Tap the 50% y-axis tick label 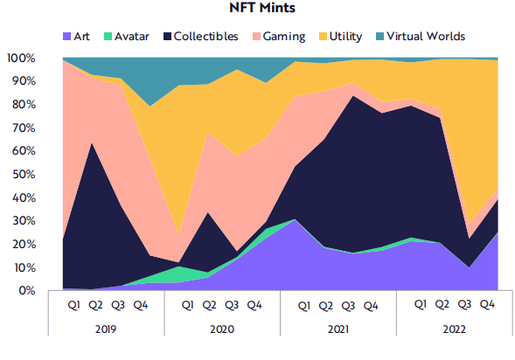pyautogui.click(x=23, y=174)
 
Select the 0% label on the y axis pyautogui.click(x=26, y=290)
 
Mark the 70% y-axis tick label pyautogui.click(x=23, y=128)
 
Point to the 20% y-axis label pyautogui.click(x=23, y=244)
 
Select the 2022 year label pyautogui.click(x=454, y=331)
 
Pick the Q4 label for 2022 pyautogui.click(x=487, y=306)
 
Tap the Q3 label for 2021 pyautogui.click(x=348, y=306)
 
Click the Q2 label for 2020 pyautogui.click(x=209, y=306)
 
